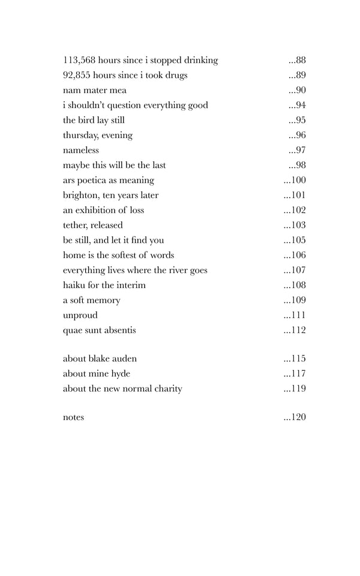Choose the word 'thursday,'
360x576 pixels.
pos(82,135)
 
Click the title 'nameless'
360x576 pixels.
pos(81,150)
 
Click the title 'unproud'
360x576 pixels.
pos(80,315)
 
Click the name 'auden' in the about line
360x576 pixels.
pos(124,359)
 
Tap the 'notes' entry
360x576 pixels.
pos(73,418)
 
